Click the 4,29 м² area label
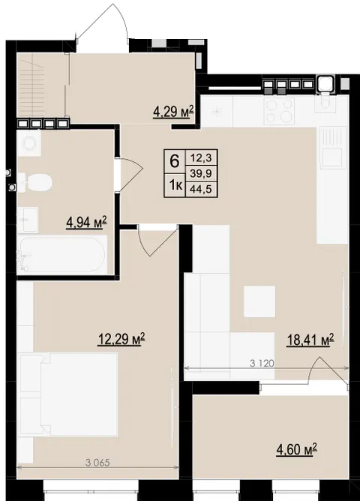tap(173, 112)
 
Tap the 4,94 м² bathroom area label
tap(86, 222)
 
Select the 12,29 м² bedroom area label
tap(121, 339)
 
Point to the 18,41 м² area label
tap(310, 340)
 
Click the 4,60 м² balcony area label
tap(296, 449)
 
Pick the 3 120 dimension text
tap(262, 363)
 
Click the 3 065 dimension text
tap(97, 462)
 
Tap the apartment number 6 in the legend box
tap(175, 161)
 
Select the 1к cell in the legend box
tap(175, 185)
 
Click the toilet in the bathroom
tap(34, 183)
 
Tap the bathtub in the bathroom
tap(62, 255)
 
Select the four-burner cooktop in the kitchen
tap(280, 110)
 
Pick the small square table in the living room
tap(259, 301)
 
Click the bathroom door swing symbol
tap(129, 175)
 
